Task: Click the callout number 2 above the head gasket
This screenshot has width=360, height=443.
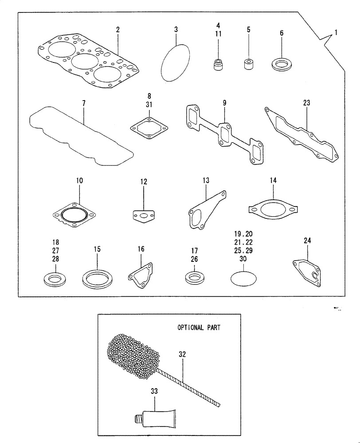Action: [x=118, y=30]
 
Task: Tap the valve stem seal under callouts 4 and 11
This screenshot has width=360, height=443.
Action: [x=218, y=65]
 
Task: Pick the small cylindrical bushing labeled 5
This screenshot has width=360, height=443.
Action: [x=248, y=64]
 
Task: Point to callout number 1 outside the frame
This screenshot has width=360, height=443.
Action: [x=336, y=32]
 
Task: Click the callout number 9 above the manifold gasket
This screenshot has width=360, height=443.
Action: [x=224, y=103]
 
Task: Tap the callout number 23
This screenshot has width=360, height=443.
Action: [x=307, y=103]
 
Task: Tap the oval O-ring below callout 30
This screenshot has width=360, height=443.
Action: [x=243, y=279]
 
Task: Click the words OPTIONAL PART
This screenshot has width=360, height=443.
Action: [x=199, y=328]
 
